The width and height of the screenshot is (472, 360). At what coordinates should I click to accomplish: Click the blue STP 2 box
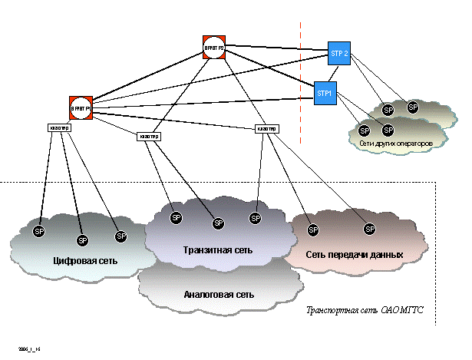pyautogui.click(x=339, y=53)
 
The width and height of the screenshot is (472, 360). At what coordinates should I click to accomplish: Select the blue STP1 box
pyautogui.click(x=325, y=93)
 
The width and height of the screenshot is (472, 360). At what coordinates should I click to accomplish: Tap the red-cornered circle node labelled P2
pyautogui.click(x=214, y=48)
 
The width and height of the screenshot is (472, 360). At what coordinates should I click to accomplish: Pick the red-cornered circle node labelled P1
pyautogui.click(x=81, y=108)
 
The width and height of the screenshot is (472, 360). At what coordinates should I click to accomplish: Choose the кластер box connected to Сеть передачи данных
pyautogui.click(x=266, y=128)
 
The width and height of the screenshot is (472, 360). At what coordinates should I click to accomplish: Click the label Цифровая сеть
pyautogui.click(x=85, y=260)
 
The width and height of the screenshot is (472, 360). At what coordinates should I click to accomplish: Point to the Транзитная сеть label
pyautogui.click(x=218, y=249)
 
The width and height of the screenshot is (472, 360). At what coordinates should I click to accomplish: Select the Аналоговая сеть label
pyautogui.click(x=219, y=294)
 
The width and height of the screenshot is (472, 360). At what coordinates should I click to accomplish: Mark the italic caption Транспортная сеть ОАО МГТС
pyautogui.click(x=365, y=311)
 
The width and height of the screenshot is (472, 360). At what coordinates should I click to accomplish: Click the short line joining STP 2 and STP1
pyautogui.click(x=332, y=73)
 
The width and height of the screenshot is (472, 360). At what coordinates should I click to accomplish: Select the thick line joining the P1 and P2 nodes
pyautogui.click(x=146, y=78)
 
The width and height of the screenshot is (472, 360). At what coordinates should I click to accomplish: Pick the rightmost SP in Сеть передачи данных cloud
pyautogui.click(x=369, y=229)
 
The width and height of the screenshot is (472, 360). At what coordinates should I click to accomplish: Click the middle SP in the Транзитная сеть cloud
pyautogui.click(x=218, y=223)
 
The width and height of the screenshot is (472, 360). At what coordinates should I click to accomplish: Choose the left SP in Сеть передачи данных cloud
pyautogui.click(x=312, y=230)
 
